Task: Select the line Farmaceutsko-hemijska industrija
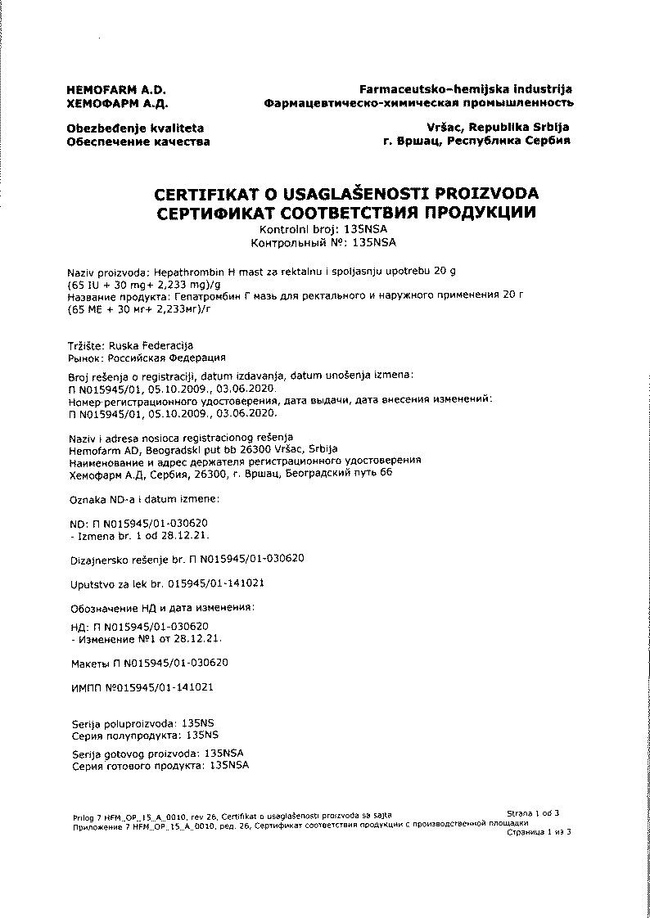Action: point(466,89)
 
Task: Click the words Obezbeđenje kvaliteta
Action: point(135,128)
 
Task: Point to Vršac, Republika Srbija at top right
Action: point(497,128)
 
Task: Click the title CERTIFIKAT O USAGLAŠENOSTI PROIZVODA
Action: point(346,195)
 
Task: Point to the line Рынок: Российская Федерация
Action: point(146,358)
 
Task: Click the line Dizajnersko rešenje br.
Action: point(188,559)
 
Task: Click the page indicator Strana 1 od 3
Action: point(533,813)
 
